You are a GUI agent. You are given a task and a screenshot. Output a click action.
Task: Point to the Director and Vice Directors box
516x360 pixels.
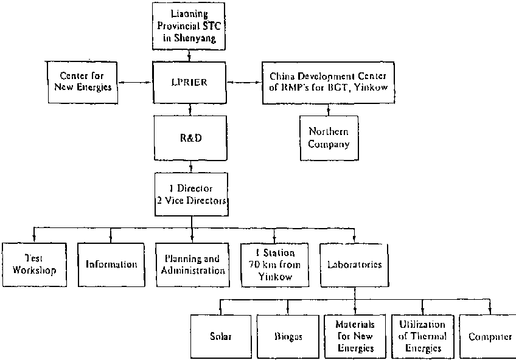click(x=192, y=195)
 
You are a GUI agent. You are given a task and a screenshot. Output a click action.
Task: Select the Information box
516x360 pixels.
click(x=111, y=265)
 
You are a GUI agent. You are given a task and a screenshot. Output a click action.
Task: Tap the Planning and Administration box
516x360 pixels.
click(x=192, y=265)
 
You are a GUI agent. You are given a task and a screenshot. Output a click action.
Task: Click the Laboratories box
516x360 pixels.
click(x=354, y=265)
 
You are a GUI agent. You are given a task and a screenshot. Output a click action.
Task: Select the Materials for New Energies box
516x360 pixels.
click(x=354, y=336)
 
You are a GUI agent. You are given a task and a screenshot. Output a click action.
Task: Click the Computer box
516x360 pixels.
click(x=489, y=336)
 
